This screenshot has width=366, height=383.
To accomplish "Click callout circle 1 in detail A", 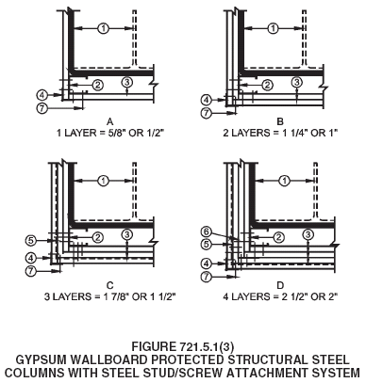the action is click(103, 28).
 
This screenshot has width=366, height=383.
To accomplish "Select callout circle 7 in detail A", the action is click(42, 108).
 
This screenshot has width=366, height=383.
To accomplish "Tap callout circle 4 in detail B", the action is click(207, 101).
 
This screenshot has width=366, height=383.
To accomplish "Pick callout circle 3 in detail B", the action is click(296, 82).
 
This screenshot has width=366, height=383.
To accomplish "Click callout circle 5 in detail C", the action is click(30, 241).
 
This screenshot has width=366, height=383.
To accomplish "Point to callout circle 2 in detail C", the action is click(98, 237).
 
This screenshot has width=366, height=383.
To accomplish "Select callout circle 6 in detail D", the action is click(206, 232).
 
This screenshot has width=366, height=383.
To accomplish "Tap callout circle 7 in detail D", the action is click(207, 277).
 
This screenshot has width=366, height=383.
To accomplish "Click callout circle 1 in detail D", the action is click(285, 181).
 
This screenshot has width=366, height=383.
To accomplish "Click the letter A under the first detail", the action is click(110, 121).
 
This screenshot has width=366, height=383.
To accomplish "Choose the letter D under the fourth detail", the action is click(280, 285).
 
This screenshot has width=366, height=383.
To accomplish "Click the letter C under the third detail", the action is click(110, 285).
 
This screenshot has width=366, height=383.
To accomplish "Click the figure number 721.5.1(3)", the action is click(207, 347).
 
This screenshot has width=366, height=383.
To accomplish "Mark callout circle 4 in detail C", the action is click(30, 258).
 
